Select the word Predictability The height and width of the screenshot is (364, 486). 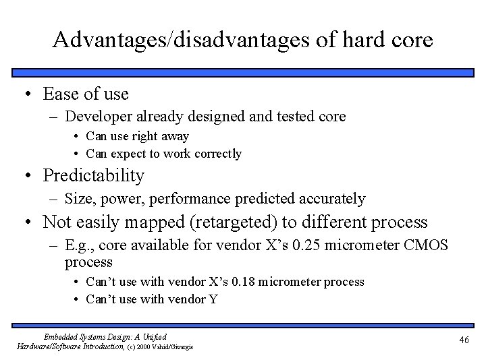tap(94, 176)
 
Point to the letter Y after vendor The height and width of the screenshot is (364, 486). tap(214, 299)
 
